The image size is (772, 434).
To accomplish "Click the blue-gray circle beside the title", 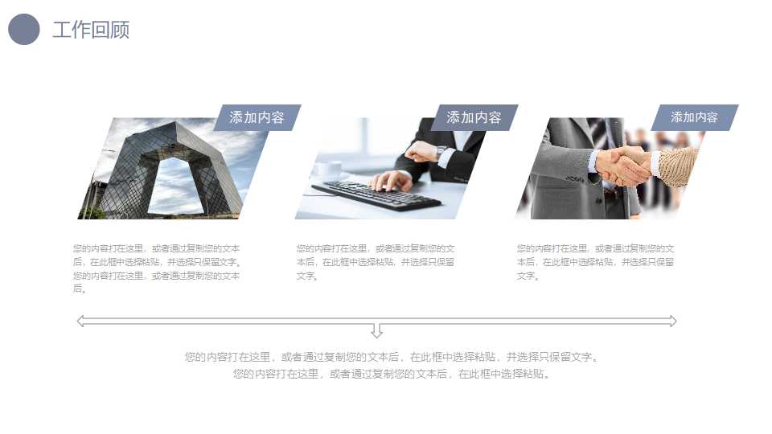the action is click(x=23, y=30).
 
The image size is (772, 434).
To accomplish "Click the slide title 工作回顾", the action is click(x=91, y=30).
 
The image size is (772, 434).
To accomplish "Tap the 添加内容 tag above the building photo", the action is click(x=257, y=117).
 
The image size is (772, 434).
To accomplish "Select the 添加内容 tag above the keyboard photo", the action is click(x=474, y=117).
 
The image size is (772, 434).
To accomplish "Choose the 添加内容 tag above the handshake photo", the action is click(x=694, y=117).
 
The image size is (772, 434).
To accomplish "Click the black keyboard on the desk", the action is click(x=376, y=194).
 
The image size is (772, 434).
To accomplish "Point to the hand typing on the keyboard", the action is click(x=392, y=181).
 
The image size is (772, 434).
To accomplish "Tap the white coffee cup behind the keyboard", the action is click(x=328, y=170).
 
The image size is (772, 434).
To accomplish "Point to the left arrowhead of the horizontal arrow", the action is click(x=80, y=321).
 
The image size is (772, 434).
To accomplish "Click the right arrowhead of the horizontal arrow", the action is click(x=672, y=321).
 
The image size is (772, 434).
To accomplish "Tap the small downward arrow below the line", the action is click(x=376, y=330).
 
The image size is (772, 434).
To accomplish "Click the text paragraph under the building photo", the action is click(x=157, y=268).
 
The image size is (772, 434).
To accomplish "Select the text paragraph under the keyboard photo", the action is click(x=376, y=262).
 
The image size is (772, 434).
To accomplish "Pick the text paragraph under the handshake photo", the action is click(x=596, y=262).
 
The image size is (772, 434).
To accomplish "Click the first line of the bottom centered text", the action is click(x=392, y=357).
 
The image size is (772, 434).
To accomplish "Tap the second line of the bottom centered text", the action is click(x=392, y=374).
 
